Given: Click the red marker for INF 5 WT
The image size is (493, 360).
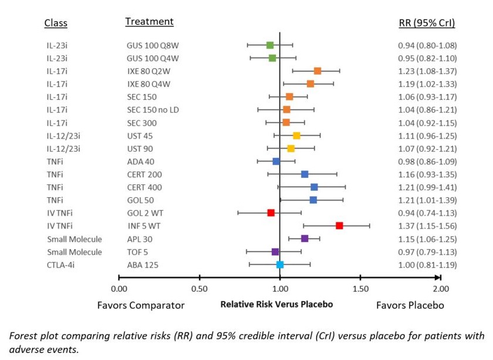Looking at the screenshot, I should [x=339, y=226].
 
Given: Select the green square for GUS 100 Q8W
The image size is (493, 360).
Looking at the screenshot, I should [x=270, y=45].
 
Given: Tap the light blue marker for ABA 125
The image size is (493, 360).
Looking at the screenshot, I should [x=280, y=264].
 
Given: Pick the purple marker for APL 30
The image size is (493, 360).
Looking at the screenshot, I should [x=305, y=238].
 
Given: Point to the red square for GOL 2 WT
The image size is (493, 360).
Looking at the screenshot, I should [x=271, y=213].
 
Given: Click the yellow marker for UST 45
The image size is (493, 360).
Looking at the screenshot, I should [x=296, y=136].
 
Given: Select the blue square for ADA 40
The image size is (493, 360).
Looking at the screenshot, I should [x=276, y=161].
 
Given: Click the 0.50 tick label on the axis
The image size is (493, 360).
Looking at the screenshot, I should [x=200, y=289].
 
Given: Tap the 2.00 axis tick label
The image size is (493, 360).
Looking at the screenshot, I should [x=441, y=289].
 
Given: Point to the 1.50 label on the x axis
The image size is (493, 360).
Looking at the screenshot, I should [x=360, y=289].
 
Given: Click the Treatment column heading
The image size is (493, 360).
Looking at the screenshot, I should [x=149, y=22].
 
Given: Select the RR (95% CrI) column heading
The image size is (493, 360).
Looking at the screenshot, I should [x=427, y=23].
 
